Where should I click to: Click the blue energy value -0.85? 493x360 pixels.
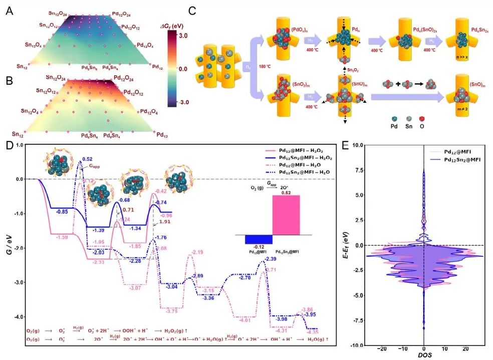click(62, 211)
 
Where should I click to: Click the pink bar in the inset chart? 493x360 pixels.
click(286, 215)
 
